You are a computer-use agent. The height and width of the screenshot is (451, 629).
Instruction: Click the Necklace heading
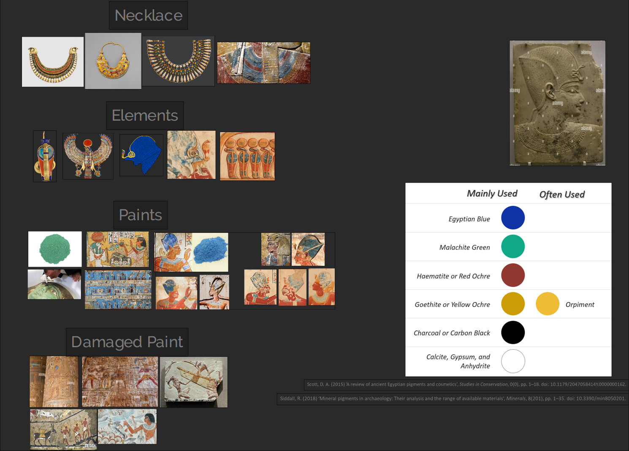[x=148, y=16]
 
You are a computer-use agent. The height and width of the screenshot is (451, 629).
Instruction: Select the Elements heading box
[x=145, y=116]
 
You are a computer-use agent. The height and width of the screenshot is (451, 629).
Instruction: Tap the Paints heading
[x=140, y=215]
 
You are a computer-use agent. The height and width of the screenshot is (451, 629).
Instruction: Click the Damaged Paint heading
[x=127, y=342]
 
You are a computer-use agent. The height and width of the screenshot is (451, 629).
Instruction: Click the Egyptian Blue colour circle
[x=512, y=218]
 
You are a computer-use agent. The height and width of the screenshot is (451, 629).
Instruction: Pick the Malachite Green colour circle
[x=512, y=246]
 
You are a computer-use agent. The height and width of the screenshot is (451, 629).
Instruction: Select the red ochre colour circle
[x=512, y=275]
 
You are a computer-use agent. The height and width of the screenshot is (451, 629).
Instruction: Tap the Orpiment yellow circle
[x=547, y=304]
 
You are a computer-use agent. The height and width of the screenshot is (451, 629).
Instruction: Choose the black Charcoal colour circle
[x=512, y=332]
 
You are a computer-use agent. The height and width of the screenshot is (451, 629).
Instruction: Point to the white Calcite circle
[x=512, y=361]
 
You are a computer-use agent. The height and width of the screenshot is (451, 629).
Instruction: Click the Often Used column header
[x=562, y=194]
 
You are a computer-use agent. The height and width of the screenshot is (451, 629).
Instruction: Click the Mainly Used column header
[x=492, y=194]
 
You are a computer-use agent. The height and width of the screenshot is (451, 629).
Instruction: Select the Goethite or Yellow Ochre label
[x=452, y=305]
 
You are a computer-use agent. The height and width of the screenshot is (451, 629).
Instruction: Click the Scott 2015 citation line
[x=466, y=384]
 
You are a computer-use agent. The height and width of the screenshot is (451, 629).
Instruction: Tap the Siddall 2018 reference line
[x=452, y=398]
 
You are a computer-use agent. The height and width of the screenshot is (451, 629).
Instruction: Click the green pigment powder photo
[x=55, y=249]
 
